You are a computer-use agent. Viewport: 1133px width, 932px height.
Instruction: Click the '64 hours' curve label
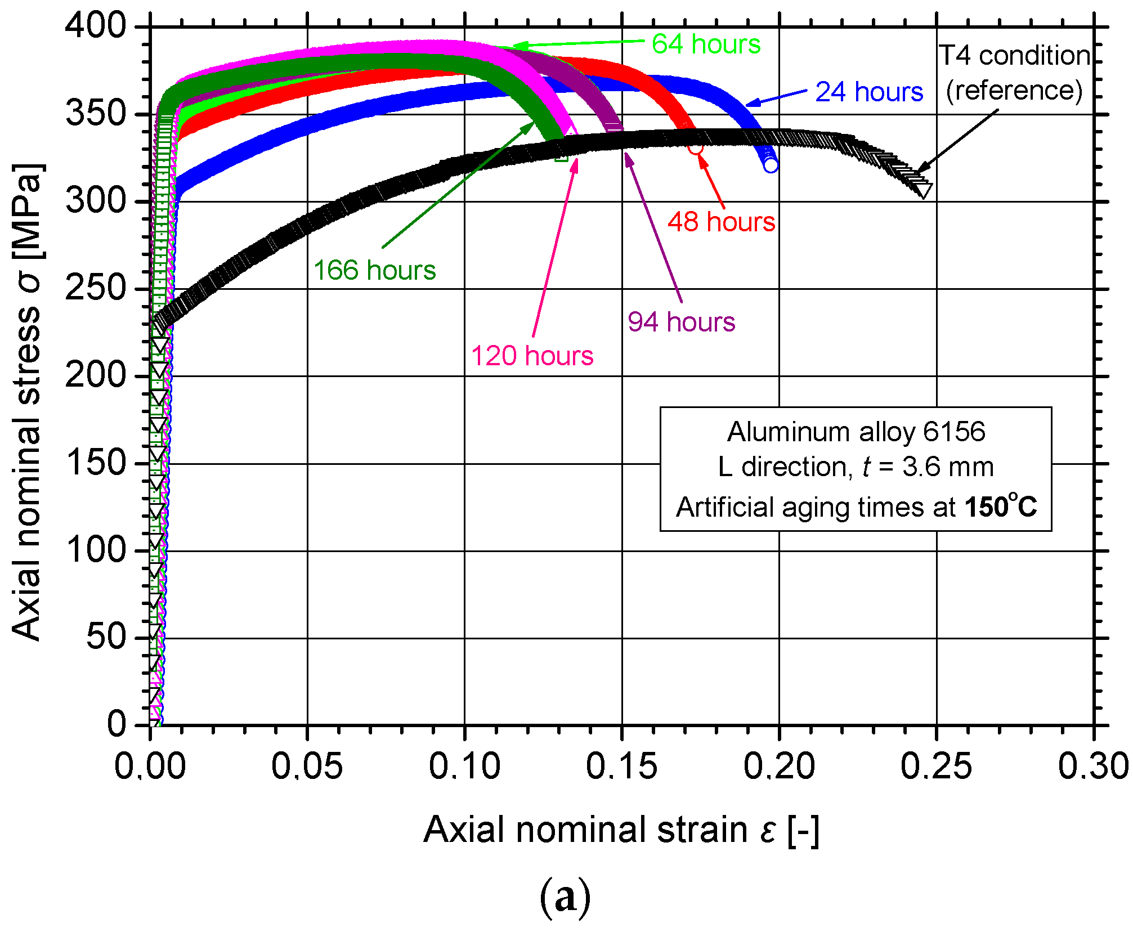(x=706, y=44)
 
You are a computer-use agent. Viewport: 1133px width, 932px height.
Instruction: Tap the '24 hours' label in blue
(x=868, y=92)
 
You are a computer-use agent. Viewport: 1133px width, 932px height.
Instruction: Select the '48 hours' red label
(x=721, y=222)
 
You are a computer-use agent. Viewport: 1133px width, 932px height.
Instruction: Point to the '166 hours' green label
(x=374, y=270)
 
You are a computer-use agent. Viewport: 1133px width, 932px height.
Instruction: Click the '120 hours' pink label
(x=532, y=356)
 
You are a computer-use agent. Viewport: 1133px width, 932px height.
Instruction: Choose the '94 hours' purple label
(x=681, y=322)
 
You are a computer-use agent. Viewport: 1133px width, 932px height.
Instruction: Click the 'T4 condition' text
(x=1014, y=56)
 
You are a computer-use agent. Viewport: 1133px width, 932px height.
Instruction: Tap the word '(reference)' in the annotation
(x=1014, y=90)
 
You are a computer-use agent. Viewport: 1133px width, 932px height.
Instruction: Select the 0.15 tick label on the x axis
(x=621, y=766)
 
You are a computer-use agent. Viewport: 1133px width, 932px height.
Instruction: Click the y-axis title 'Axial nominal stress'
(x=27, y=402)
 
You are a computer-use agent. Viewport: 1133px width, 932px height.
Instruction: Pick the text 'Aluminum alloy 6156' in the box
(x=856, y=432)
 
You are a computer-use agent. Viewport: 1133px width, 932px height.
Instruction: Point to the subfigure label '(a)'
(x=565, y=897)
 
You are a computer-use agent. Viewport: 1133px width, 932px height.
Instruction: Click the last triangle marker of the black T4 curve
(x=924, y=190)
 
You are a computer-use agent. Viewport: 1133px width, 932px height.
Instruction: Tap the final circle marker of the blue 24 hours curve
(x=771, y=165)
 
